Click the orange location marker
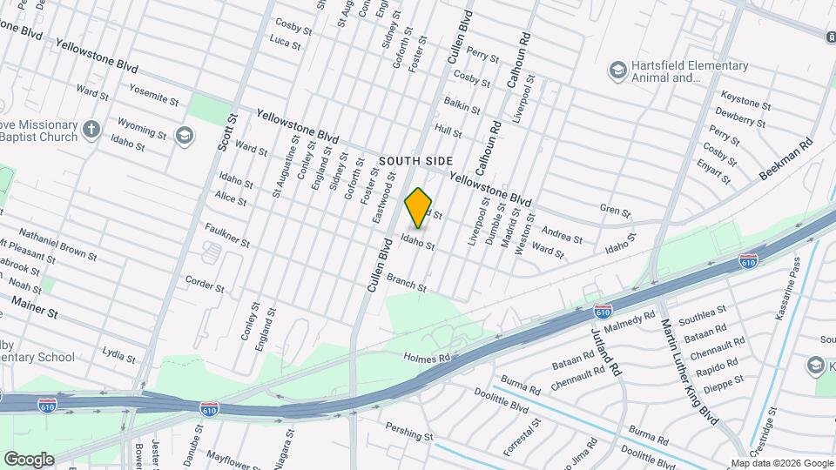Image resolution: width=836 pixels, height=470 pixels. pos(419,207)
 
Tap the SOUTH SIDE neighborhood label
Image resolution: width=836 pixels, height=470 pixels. pos(416,161)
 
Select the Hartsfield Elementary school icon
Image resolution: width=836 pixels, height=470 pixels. pos(618,70)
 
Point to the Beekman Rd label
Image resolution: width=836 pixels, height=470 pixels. pos(785,158)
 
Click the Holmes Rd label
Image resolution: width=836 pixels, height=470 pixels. pos(426,357)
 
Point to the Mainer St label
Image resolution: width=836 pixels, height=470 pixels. pos(35,305)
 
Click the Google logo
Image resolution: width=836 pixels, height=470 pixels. pos(29,459)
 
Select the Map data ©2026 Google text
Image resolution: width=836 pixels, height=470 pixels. pos(781,463)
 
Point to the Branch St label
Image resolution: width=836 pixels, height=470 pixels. pos(407,282)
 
